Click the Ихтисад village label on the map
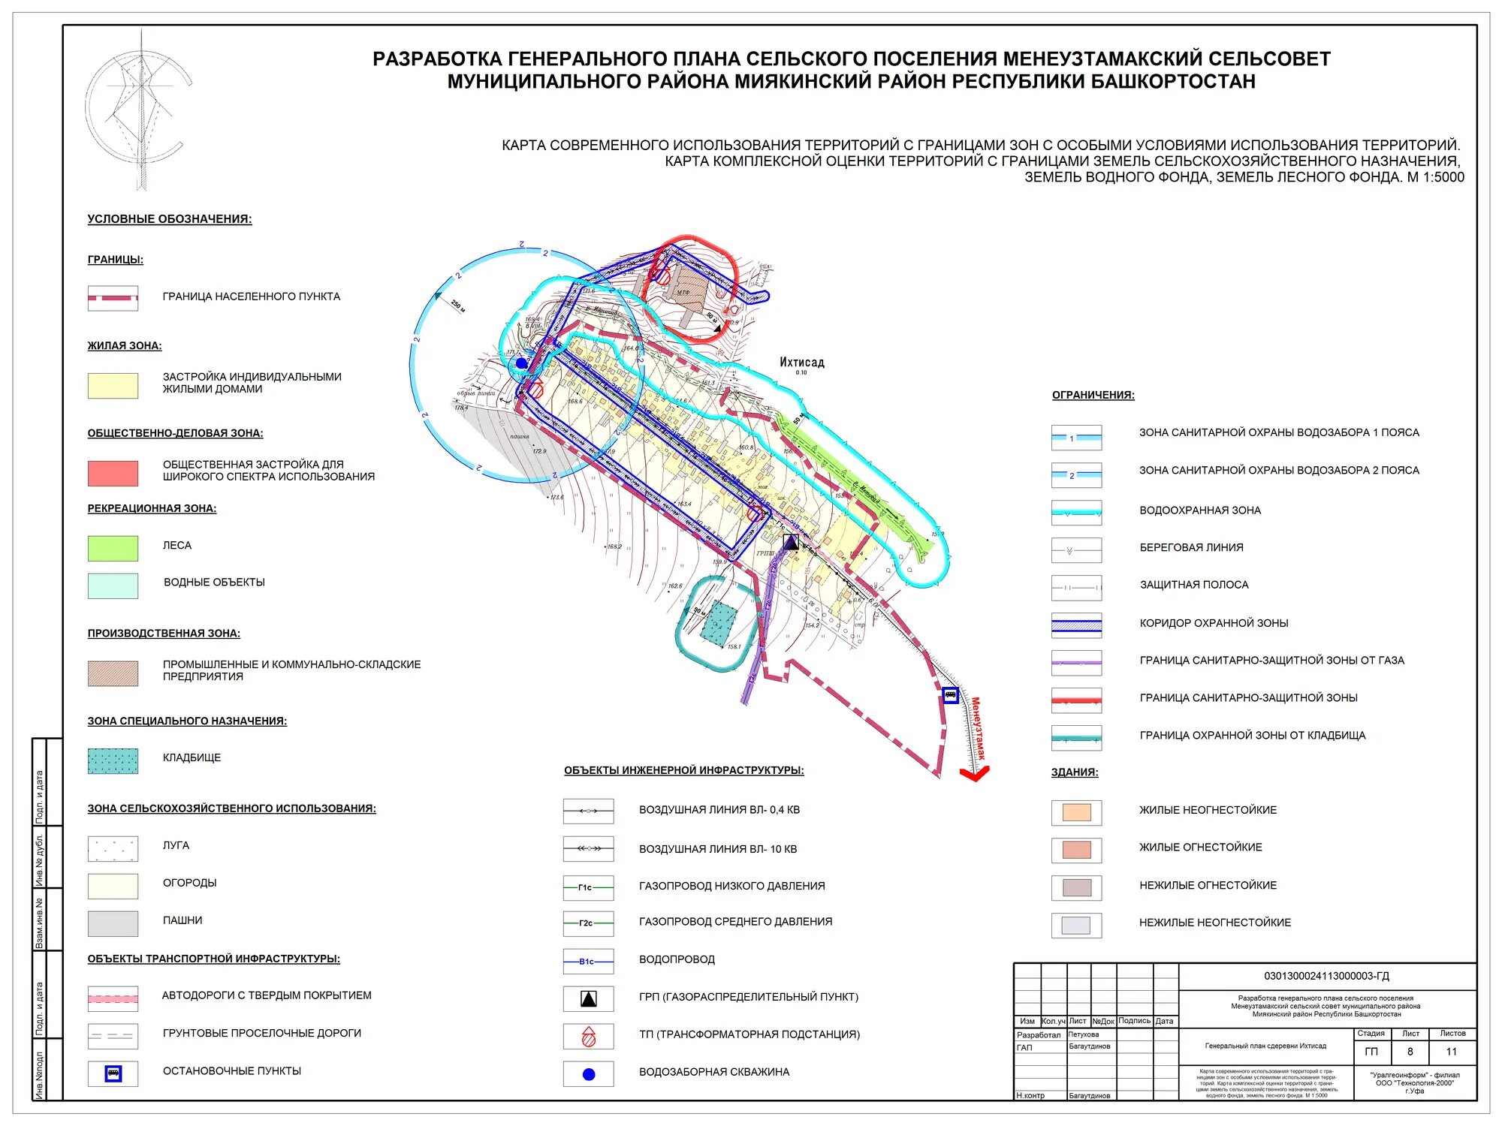pos(801,363)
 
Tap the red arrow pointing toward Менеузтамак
pos(975,773)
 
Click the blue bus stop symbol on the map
pos(950,695)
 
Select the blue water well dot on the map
pos(521,363)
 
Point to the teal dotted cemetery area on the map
pos(719,622)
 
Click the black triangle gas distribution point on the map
pos(791,542)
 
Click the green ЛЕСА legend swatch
pos(113,548)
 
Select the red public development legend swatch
pos(113,473)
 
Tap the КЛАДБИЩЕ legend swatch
pos(113,760)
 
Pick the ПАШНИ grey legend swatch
pos(113,923)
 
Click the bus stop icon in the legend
pos(113,1073)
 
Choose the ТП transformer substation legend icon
pos(589,1037)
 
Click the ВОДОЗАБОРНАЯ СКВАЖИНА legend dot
pos(589,1074)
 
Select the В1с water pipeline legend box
pos(588,962)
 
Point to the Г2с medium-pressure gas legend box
pos(588,923)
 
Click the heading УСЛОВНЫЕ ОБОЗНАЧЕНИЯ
pos(170,219)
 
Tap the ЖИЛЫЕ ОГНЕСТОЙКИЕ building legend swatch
pos(1076,850)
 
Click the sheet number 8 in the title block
pos(1410,1052)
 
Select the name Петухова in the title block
pos(1083,1034)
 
